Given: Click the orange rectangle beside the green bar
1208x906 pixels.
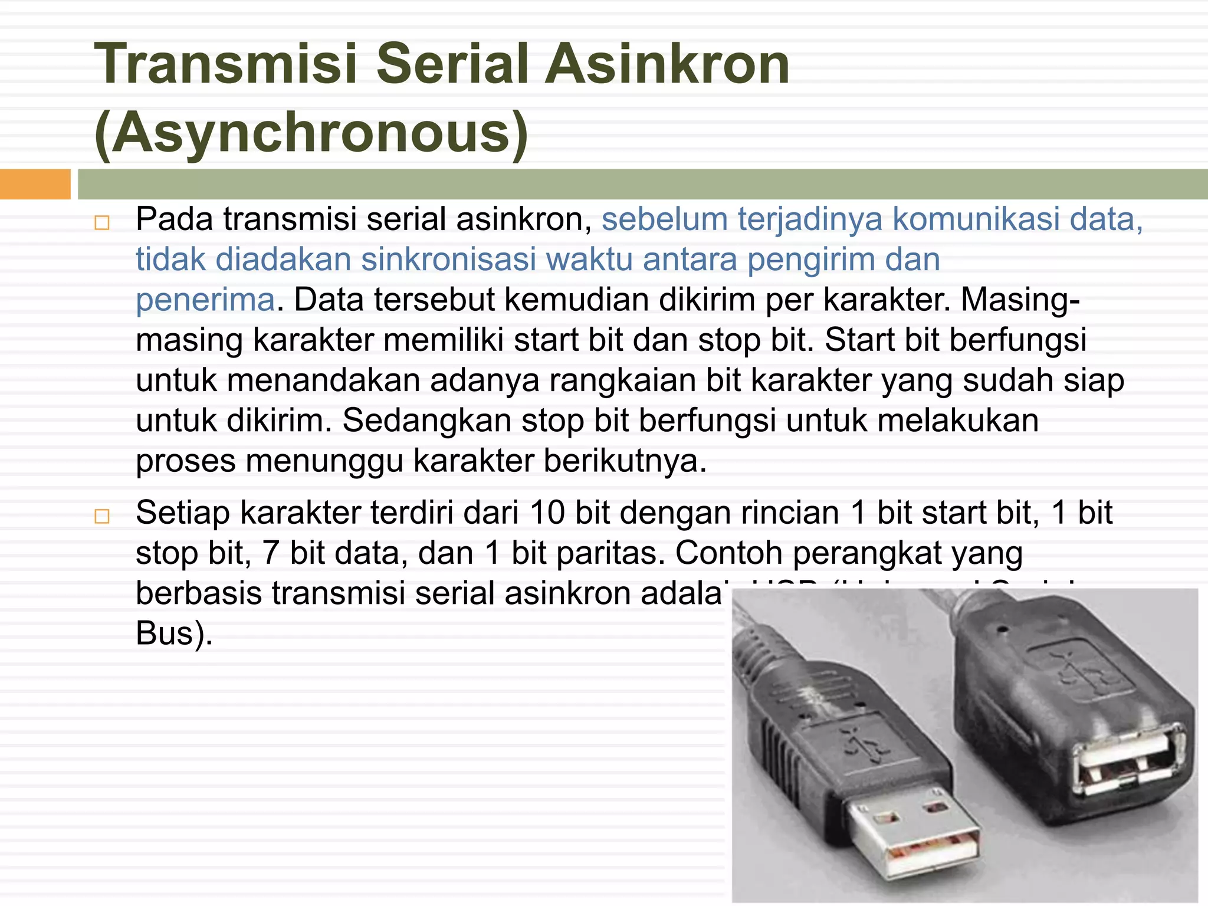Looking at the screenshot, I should tap(35, 184).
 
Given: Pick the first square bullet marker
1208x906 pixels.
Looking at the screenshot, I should tap(102, 223).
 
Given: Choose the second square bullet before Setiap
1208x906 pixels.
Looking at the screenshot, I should tap(102, 517).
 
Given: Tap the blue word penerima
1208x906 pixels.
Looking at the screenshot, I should tap(205, 300).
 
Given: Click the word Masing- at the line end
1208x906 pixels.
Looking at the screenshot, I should tap(1020, 300).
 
